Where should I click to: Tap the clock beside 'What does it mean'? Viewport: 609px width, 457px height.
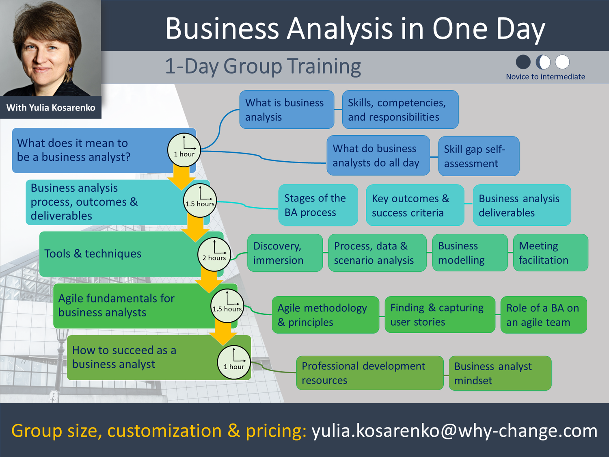[184, 150]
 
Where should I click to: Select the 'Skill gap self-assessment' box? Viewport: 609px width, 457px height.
[479, 156]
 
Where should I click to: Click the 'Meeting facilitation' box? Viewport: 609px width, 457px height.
[551, 253]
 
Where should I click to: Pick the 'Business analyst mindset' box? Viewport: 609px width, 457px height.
[500, 373]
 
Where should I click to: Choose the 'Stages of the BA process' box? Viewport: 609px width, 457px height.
[318, 205]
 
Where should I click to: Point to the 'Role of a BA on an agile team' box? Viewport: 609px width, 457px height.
[544, 315]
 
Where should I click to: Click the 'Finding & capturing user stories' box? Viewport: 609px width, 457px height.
[440, 314]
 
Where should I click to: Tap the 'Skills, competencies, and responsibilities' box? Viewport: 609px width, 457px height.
[400, 109]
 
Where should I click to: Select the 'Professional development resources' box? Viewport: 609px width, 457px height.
[369, 373]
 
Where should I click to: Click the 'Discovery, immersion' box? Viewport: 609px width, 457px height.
[285, 253]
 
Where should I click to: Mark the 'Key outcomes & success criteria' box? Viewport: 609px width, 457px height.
[415, 205]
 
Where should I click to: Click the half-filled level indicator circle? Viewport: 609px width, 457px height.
[543, 62]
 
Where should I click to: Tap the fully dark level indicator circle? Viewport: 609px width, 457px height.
[523, 62]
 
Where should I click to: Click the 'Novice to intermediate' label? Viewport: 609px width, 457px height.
[546, 77]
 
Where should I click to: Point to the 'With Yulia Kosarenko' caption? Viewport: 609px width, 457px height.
[51, 107]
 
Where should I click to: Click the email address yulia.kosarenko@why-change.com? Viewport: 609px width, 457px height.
[454, 431]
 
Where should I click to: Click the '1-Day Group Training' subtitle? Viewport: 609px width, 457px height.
[263, 66]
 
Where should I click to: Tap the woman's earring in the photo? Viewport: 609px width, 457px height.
[70, 68]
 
